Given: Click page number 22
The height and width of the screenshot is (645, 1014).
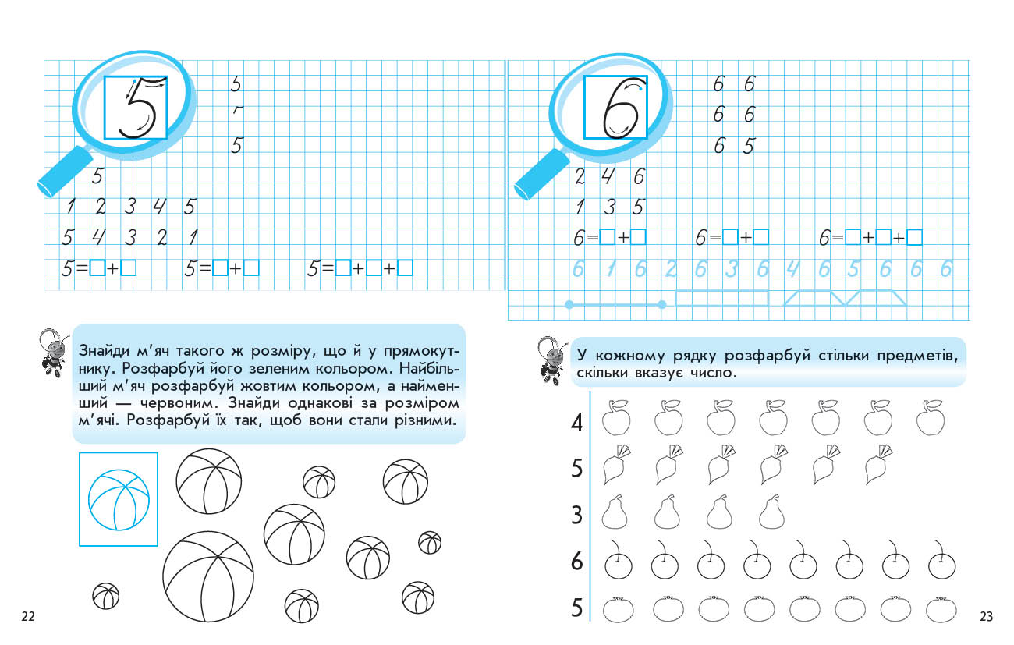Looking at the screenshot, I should pyautogui.click(x=28, y=617).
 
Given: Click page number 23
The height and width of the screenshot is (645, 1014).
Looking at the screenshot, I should pyautogui.click(x=985, y=617).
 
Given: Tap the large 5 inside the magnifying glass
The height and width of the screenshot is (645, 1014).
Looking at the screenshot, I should pyautogui.click(x=137, y=108).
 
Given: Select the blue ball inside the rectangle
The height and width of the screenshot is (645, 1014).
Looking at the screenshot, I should pyautogui.click(x=119, y=499).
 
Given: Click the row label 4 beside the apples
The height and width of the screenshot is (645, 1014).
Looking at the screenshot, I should pyautogui.click(x=577, y=424).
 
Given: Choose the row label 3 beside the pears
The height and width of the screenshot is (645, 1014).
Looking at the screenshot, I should pyautogui.click(x=577, y=516).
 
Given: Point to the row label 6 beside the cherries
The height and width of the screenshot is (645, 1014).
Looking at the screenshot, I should pyautogui.click(x=577, y=561).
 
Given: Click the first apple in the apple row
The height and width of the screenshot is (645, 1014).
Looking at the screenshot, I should pyautogui.click(x=616, y=419).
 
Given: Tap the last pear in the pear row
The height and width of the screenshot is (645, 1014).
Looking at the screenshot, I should pyautogui.click(x=772, y=512).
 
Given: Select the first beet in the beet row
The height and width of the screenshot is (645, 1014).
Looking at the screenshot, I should pyautogui.click(x=616, y=466).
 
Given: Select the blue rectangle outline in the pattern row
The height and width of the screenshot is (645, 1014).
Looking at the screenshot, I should pyautogui.click(x=721, y=299).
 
